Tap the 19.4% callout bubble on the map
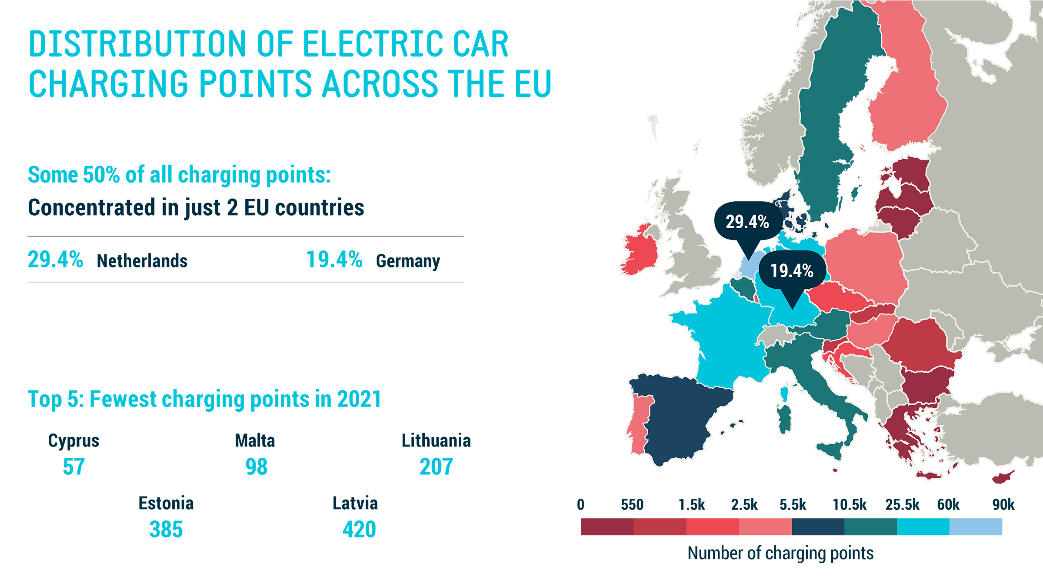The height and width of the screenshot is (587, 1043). (x=792, y=270)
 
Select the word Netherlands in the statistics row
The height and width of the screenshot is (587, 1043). (x=142, y=261)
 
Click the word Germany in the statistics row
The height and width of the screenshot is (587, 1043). (x=408, y=261)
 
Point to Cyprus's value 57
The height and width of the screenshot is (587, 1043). (x=73, y=467)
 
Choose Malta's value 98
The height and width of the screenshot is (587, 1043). (x=256, y=467)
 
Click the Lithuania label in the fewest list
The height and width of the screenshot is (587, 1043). (x=436, y=440)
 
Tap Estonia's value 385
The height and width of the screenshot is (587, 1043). (x=166, y=529)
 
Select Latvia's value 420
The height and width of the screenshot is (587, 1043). (x=359, y=529)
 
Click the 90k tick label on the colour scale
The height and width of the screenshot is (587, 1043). (x=1003, y=505)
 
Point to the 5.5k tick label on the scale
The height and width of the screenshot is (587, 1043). (x=792, y=505)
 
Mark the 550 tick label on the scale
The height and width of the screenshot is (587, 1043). (x=632, y=505)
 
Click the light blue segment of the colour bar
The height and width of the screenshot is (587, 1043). (x=976, y=527)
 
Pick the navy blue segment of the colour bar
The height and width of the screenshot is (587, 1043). (x=818, y=527)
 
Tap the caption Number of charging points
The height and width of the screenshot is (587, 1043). (x=780, y=553)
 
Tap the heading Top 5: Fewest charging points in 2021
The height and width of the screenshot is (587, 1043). (x=204, y=399)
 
